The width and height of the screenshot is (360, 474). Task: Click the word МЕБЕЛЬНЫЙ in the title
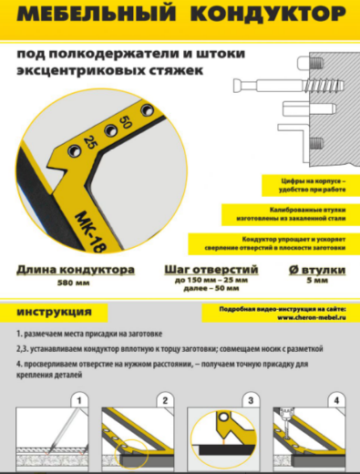pyautogui.click(x=101, y=16)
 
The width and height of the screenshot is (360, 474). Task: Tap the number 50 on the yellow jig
pyautogui.click(x=124, y=122)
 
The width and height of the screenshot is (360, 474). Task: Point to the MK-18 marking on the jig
pyautogui.click(x=81, y=227)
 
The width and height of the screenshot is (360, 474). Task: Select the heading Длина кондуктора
pyautogui.click(x=75, y=271)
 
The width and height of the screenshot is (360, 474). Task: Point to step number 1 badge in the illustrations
pyautogui.click(x=79, y=399)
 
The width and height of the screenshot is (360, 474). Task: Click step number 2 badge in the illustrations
pyautogui.click(x=165, y=399)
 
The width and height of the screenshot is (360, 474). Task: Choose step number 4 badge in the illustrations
pyautogui.click(x=337, y=399)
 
